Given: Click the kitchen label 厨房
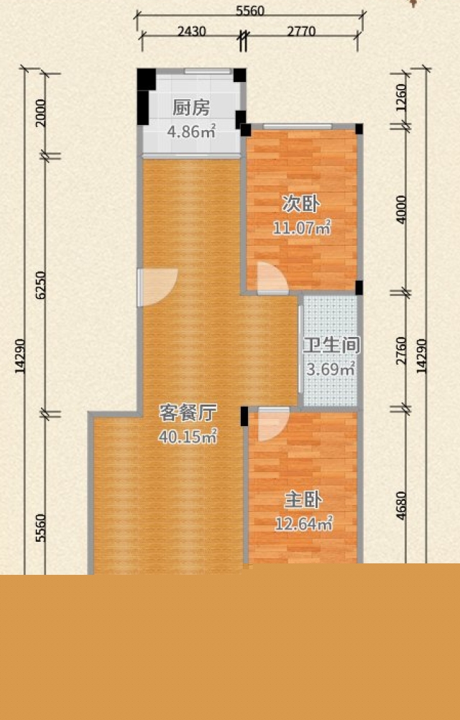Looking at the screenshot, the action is point(191,108).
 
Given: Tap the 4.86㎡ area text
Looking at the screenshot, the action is point(191,131).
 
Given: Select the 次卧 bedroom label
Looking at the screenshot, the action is point(301,204).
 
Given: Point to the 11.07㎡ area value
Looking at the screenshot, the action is point(302,227).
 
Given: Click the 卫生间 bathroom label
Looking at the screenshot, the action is point(331,346).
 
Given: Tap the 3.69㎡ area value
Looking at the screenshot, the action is point(331,369).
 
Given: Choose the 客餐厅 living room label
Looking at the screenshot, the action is point(188,412).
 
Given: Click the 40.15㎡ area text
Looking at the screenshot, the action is point(188,436).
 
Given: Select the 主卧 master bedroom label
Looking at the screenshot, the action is point(303,500).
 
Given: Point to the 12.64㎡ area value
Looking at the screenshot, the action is point(303,523).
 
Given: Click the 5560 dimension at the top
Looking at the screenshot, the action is point(250,11).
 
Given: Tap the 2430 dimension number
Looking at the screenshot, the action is point(192,31).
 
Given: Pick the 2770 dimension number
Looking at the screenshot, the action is point(301,31).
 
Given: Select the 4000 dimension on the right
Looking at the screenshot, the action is point(401,209).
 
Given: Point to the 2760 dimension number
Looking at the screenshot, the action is point(401,351).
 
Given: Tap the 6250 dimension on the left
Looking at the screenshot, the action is point(40,285).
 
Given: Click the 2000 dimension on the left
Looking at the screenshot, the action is point(40,113).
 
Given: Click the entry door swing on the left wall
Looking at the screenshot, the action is point(157,287).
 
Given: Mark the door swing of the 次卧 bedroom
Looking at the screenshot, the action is point(272,278).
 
